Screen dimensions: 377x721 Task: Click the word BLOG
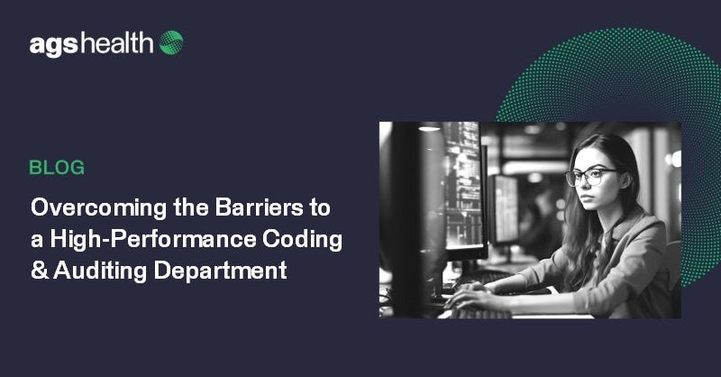pos(57,167)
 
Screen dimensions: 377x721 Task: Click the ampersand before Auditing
pos(39,270)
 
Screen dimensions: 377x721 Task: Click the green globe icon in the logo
pos(171,42)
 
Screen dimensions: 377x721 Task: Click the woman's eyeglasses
pos(589,176)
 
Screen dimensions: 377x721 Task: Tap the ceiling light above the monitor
pos(430,128)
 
